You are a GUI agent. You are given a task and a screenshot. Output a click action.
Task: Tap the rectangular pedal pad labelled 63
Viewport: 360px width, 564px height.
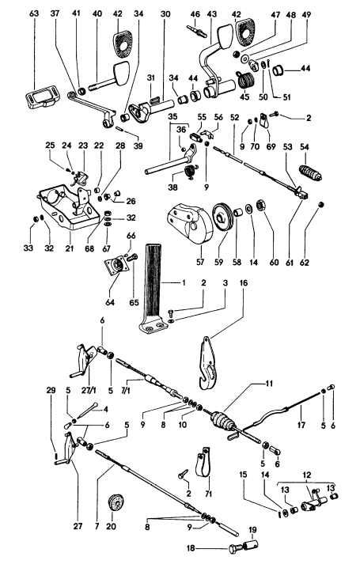[39, 97]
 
